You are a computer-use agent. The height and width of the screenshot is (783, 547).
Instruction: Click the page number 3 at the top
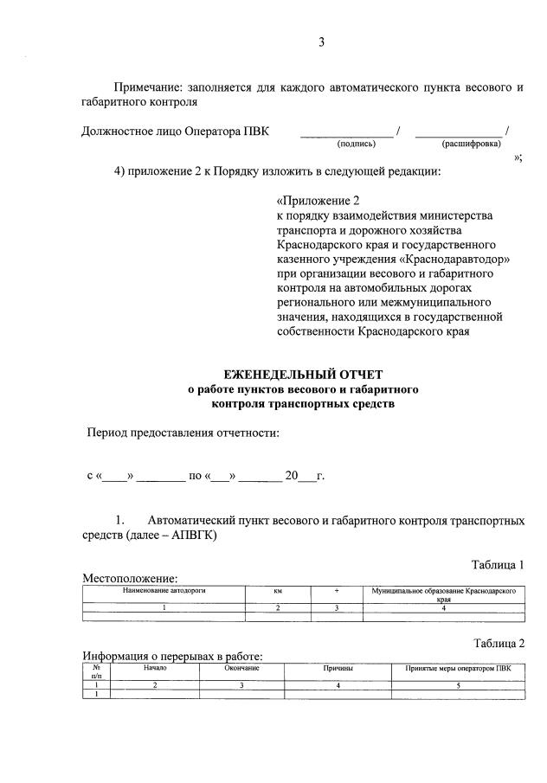click(321, 41)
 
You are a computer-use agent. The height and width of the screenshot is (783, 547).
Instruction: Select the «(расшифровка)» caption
click(471, 144)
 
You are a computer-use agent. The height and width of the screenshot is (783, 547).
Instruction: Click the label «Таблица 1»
click(498, 565)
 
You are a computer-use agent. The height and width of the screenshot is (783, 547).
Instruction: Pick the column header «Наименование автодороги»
click(164, 589)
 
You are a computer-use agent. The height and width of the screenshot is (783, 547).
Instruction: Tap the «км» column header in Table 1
click(279, 590)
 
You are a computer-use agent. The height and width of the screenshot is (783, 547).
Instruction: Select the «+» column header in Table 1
click(336, 590)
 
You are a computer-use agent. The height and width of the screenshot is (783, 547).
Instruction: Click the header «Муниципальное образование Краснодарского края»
click(443, 594)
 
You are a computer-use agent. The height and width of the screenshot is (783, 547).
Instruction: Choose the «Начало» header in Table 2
click(155, 668)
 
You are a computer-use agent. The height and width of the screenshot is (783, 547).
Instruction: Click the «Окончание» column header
click(242, 668)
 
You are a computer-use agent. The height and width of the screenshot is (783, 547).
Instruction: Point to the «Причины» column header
click(338, 668)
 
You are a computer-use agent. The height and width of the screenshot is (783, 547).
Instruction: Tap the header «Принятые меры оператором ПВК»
click(458, 668)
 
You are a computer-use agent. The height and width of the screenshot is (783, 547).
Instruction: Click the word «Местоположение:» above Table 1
click(130, 578)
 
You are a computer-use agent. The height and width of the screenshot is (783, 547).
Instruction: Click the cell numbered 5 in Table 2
click(458, 684)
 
